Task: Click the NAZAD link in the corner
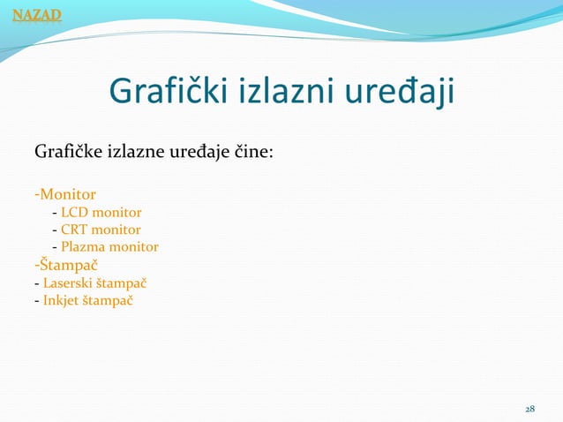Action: pos(31,13)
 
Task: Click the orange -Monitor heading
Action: pos(65,192)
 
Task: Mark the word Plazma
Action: pos(81,247)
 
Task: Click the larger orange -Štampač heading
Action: pos(65,264)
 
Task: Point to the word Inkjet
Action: pos(61,300)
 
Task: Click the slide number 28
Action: pos(529,410)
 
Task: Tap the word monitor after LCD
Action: pos(116,213)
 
